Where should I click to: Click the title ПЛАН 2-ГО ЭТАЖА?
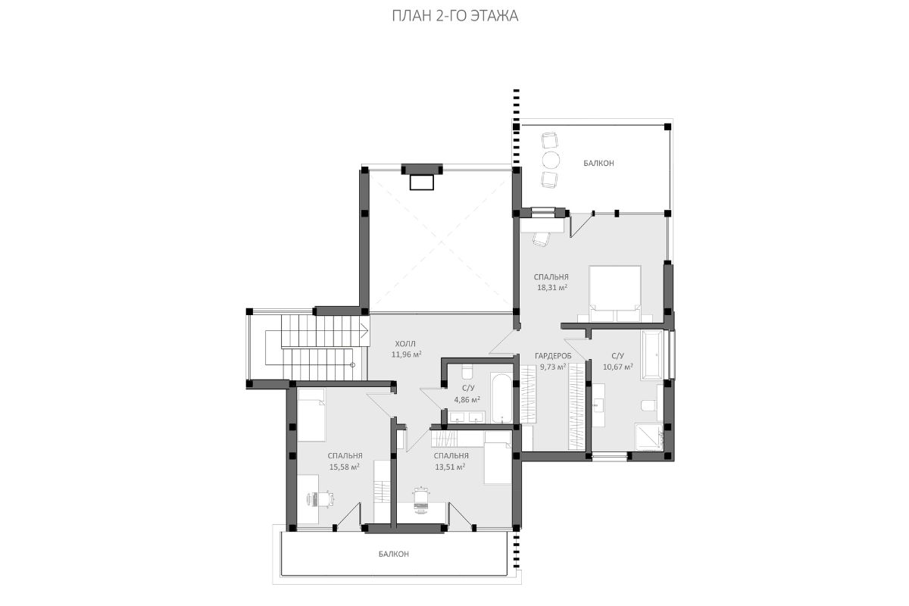455,16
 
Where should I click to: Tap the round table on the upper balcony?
551,160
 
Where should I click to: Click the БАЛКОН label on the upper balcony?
598,163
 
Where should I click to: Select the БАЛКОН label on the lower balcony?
394,554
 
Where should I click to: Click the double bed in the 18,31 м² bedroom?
615,294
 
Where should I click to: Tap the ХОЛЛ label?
405,344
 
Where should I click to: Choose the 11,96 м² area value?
406,355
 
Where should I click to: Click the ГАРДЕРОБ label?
553,356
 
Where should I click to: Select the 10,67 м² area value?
618,367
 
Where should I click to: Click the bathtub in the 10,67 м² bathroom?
651,355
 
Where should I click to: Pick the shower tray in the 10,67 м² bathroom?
648,437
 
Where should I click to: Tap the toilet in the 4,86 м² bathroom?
467,370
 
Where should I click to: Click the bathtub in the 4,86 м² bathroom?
501,398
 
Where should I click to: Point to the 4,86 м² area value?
467,400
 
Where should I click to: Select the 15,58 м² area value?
344,467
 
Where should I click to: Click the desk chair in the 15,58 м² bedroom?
326,499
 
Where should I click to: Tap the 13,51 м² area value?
450,467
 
